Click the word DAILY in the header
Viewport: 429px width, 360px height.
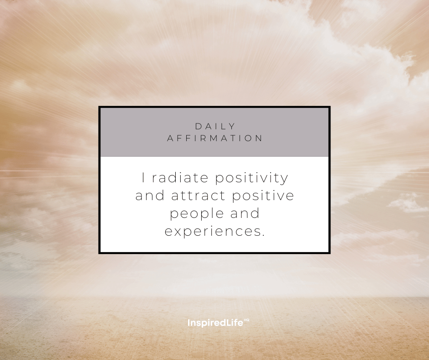click(x=215, y=126)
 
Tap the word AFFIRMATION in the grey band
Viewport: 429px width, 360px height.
click(x=215, y=138)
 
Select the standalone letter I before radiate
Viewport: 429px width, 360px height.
click(x=143, y=178)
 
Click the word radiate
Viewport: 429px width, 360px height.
click(x=180, y=178)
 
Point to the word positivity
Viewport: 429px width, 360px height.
click(x=251, y=179)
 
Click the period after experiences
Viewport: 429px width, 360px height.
click(x=263, y=235)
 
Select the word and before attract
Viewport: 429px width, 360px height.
click(x=150, y=196)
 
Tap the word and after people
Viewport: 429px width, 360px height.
click(x=245, y=213)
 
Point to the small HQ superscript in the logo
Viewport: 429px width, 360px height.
click(x=246, y=320)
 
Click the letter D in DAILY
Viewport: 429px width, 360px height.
click(x=198, y=126)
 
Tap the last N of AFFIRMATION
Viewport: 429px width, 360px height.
click(x=259, y=138)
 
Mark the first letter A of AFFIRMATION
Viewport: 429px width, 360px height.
click(x=170, y=138)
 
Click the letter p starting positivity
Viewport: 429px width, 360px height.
click(x=219, y=180)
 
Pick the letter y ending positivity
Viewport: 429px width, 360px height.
click(x=284, y=180)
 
